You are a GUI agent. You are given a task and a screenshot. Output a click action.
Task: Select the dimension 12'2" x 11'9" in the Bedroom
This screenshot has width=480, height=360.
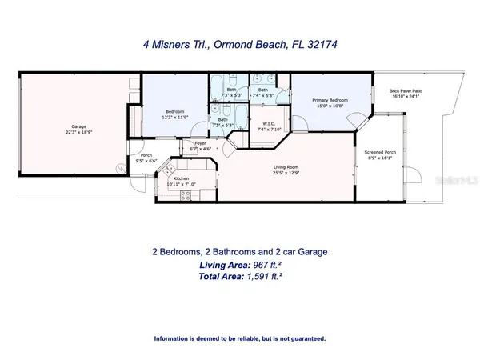click(x=176, y=118)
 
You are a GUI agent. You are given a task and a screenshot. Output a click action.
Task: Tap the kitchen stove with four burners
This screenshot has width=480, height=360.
click(x=169, y=170)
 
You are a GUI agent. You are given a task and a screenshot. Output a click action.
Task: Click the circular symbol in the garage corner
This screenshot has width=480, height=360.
click(x=121, y=167)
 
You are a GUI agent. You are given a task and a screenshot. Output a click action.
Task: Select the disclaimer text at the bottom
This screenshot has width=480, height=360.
click(x=240, y=338)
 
